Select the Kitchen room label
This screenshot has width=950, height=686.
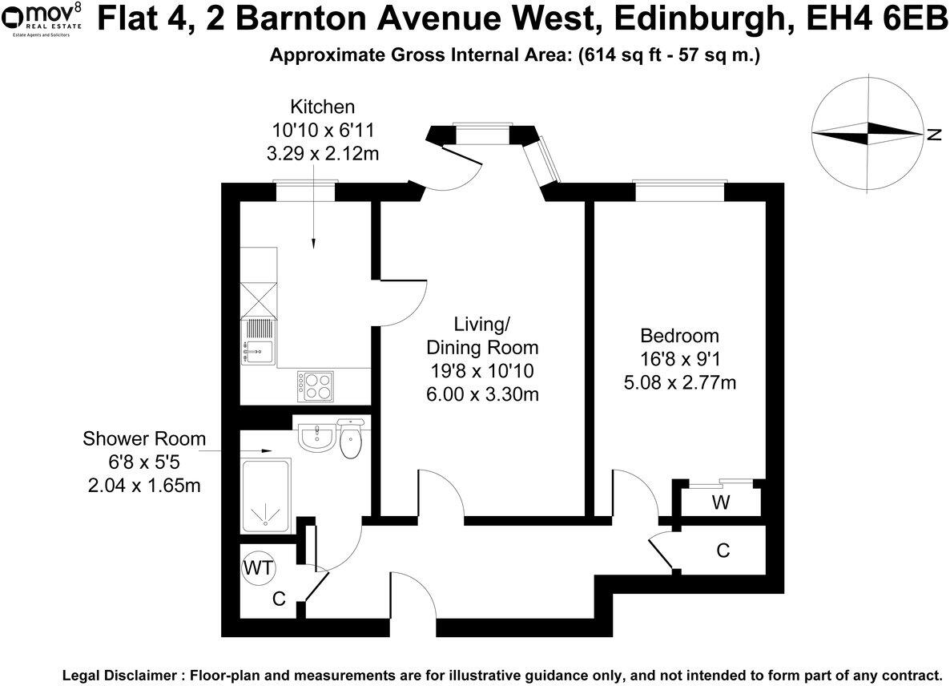pos(322,107)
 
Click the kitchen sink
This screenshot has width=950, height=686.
pos(257,349)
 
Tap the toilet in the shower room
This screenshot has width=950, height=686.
pos(352,438)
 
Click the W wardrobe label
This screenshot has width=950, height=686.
pos(721,503)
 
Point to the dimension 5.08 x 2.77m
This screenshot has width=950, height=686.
pos(679,382)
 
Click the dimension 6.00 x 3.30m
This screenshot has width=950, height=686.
pos(482,393)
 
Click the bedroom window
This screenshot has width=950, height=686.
pos(680,192)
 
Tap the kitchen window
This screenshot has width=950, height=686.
pos(304,192)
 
